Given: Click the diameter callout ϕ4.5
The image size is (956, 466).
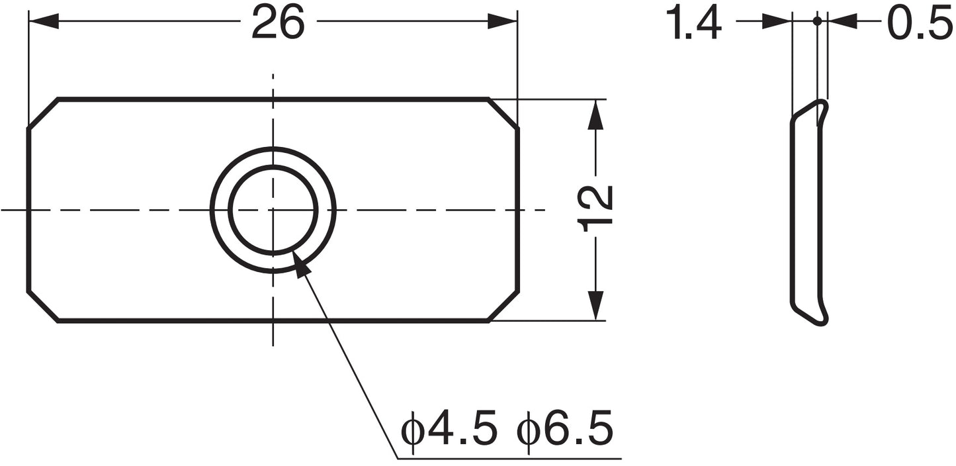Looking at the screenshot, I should coord(449,431).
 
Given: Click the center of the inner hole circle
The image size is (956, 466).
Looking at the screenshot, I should coord(273,210).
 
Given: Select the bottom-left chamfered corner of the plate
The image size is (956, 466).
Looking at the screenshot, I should coord(43,306).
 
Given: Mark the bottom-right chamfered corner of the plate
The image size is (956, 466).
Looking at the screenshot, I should coord(503,306).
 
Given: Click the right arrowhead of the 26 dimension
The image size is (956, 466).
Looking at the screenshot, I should coord(503,22).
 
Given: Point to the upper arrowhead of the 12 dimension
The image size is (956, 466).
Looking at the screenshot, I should coord(596,115).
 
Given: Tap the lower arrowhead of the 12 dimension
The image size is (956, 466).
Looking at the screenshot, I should coord(596,306).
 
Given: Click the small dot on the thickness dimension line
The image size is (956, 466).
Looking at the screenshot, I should coord(817,22).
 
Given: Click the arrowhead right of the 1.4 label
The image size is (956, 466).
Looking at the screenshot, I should coord(777,22).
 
